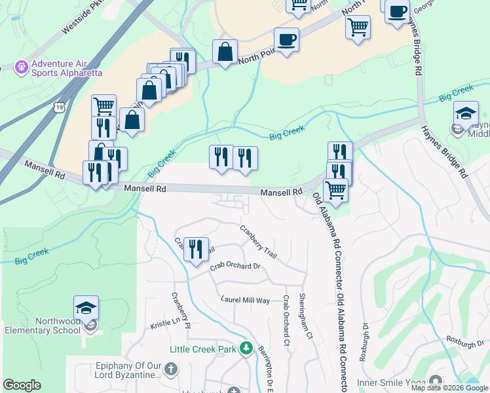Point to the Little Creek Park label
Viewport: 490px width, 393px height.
[x=202, y=349]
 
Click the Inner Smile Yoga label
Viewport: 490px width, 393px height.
[x=390, y=383]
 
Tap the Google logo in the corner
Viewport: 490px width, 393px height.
[x=22, y=385]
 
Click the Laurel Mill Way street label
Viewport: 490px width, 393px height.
[x=245, y=300]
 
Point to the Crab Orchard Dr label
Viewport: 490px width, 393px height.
[x=235, y=267]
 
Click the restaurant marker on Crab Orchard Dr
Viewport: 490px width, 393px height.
[x=195, y=249]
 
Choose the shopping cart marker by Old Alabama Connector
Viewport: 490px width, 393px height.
[x=335, y=190]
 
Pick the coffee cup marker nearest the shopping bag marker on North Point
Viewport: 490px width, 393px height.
[x=286, y=39]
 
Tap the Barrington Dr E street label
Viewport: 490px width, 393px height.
[x=268, y=369]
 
